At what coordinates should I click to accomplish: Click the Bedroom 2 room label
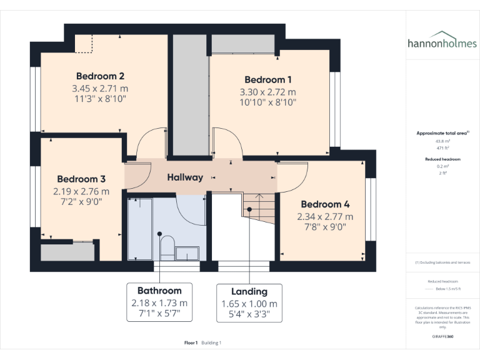[x=100, y=76]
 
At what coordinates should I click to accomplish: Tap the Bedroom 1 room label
[x=268, y=79]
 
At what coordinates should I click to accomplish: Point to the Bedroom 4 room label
[x=325, y=204]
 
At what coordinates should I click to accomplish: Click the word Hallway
[x=185, y=177]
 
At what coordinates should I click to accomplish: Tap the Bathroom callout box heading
[x=159, y=291]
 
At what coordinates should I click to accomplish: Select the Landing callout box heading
[x=249, y=291]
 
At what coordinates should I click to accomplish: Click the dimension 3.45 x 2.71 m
[x=100, y=88]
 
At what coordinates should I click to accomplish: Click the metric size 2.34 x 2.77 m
[x=325, y=216]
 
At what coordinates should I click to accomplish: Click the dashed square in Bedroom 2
[x=84, y=44]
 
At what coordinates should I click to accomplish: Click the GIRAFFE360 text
[x=442, y=337]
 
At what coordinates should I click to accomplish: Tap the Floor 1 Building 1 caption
[x=203, y=342]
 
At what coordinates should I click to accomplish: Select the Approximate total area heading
[x=442, y=133]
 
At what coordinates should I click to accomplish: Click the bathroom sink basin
[x=187, y=252]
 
